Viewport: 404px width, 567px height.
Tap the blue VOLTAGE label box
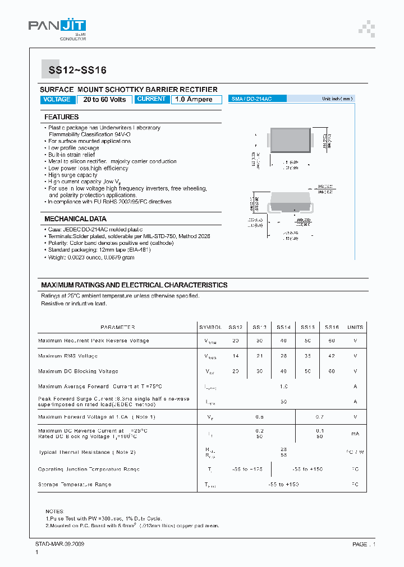pyautogui.click(x=57, y=99)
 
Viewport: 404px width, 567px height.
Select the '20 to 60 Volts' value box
pyautogui.click(x=105, y=99)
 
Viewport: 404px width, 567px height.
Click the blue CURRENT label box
pyautogui.click(x=151, y=99)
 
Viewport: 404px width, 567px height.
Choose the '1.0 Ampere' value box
pyautogui.click(x=194, y=99)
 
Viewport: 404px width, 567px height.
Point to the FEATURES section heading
pyautogui.click(x=62, y=117)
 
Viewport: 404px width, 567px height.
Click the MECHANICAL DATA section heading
pyautogui.click(x=75, y=219)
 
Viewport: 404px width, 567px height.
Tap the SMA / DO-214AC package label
pyautogui.click(x=252, y=99)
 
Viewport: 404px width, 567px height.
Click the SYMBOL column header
pyautogui.click(x=210, y=327)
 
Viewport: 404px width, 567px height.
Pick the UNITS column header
pyautogui.click(x=355, y=327)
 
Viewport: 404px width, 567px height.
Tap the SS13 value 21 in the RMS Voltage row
pyautogui.click(x=260, y=356)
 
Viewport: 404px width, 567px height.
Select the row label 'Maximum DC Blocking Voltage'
pyautogui.click(x=78, y=371)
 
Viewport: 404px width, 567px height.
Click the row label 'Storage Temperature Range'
pyautogui.click(x=75, y=484)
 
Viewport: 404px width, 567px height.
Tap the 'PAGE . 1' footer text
pyautogui.click(x=364, y=544)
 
